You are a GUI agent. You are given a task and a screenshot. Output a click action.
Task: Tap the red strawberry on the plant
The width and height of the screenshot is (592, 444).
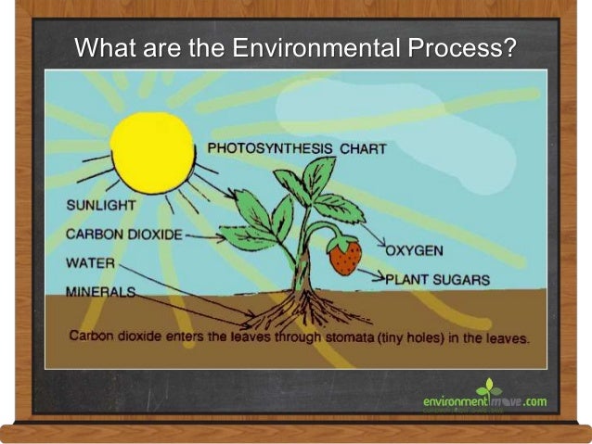pos(345,256)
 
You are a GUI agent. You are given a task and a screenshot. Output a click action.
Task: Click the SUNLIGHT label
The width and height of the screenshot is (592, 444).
pos(101,204)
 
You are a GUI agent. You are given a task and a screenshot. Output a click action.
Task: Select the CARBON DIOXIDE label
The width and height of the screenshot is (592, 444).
pos(123,234)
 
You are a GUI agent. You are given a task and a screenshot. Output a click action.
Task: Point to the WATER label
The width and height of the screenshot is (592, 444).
pos(90,263)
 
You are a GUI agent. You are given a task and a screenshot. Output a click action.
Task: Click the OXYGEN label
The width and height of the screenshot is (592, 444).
pos(414,250)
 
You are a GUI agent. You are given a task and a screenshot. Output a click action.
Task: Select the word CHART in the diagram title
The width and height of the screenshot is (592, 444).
pos(363,148)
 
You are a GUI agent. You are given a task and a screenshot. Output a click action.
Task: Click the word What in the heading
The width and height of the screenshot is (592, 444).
pos(103,46)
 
